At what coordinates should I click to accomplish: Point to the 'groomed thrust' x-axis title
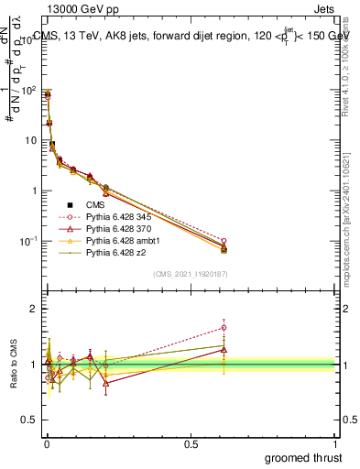[x=303, y=457]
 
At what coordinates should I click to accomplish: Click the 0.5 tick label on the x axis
[x=191, y=442]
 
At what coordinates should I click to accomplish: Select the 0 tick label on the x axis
[x=46, y=442]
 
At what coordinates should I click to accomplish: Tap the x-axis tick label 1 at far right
[x=336, y=442]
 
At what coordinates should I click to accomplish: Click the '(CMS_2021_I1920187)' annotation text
[x=191, y=273]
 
